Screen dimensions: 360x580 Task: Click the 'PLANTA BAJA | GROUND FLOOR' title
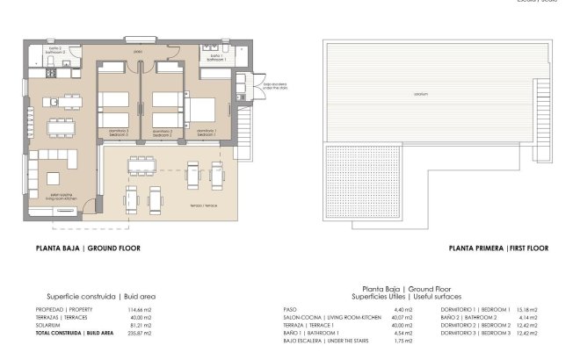(88, 248)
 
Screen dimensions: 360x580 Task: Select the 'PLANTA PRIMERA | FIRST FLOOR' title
(497, 248)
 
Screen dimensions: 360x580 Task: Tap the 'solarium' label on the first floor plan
(423, 94)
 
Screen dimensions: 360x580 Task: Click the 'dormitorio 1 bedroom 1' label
(206, 132)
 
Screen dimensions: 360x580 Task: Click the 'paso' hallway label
(138, 52)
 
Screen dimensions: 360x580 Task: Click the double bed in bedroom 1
(200, 110)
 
